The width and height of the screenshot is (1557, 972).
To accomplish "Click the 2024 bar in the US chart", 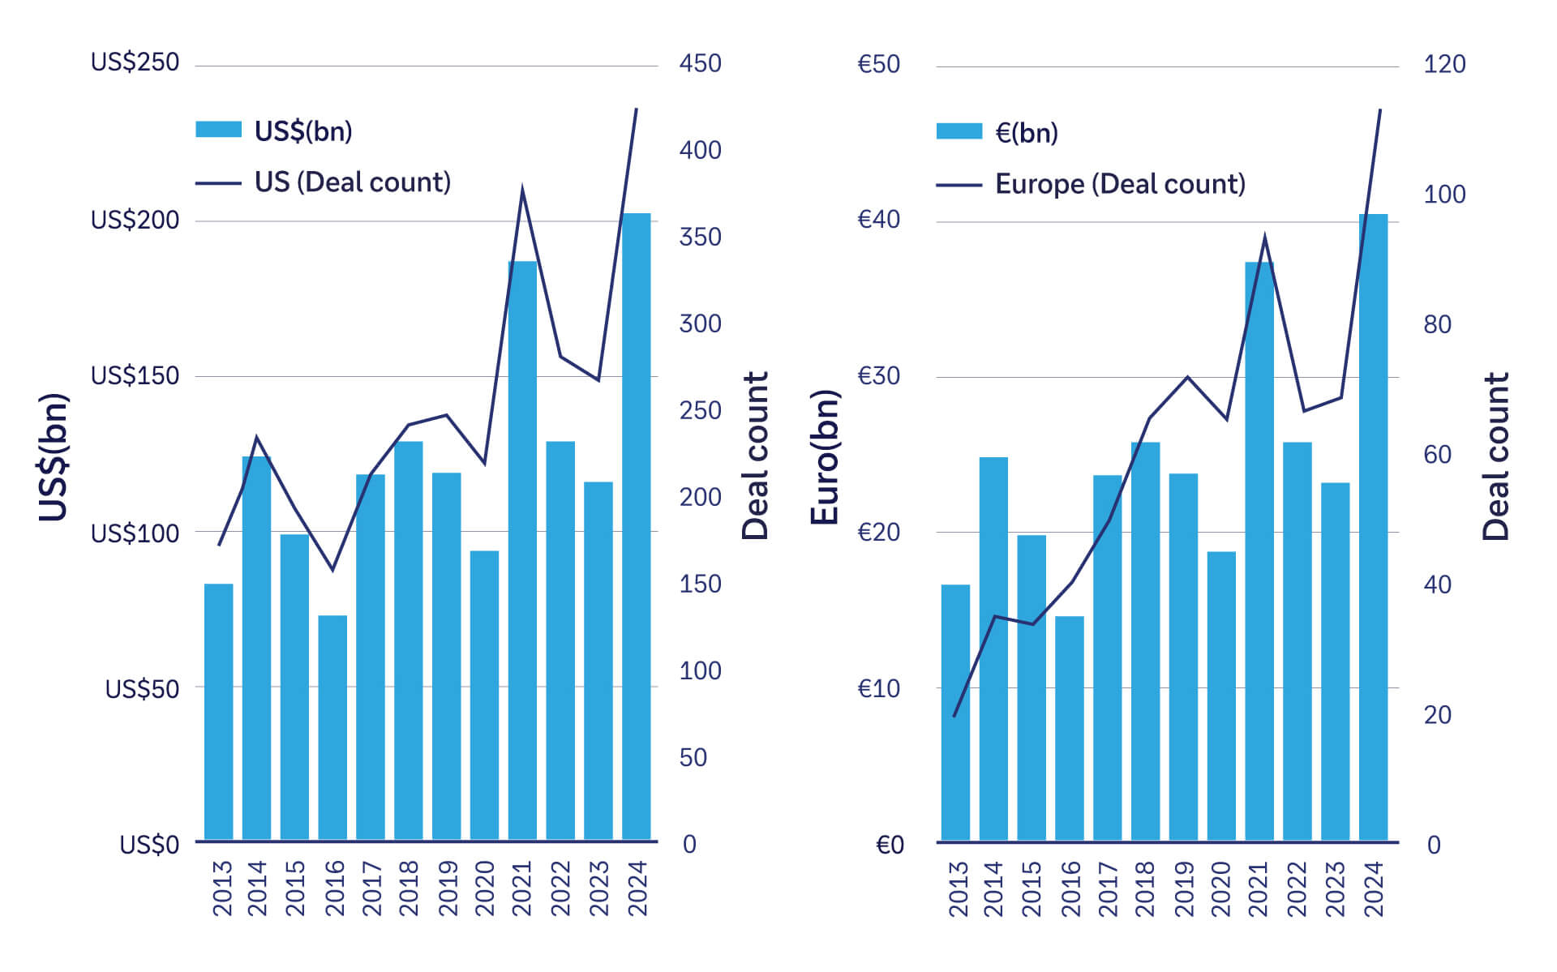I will [636, 527].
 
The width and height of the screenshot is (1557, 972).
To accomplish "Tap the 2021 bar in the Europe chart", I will [1259, 551].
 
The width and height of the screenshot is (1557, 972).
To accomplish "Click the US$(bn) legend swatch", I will [218, 130].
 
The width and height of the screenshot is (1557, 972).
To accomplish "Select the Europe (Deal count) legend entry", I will [1119, 184].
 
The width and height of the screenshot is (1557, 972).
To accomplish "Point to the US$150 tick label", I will [135, 376].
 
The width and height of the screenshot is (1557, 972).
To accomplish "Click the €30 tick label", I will [879, 376].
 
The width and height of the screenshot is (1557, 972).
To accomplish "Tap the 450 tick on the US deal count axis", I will [700, 63].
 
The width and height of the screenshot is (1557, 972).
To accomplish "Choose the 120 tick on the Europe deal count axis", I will [1444, 64].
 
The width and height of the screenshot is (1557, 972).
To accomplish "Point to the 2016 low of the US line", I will [332, 570].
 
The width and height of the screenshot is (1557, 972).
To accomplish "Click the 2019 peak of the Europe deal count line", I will [1188, 377].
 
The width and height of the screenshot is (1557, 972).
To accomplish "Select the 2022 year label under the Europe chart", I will [1297, 889].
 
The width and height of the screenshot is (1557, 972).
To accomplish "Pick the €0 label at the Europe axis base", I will [890, 846].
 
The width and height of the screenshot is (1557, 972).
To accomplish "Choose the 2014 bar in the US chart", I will [256, 649].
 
